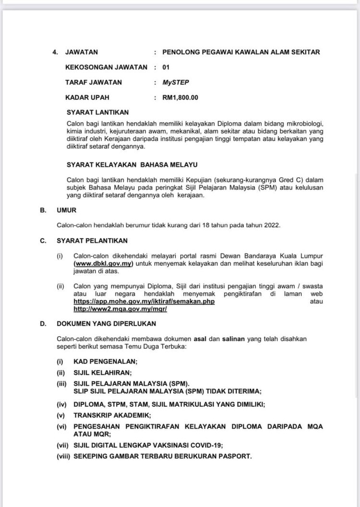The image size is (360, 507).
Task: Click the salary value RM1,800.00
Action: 180,97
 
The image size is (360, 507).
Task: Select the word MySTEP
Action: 176,82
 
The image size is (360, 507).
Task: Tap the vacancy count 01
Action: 166,67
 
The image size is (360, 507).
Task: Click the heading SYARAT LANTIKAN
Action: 98,113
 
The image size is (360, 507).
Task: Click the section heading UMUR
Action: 67,210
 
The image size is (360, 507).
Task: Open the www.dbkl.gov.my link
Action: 103,264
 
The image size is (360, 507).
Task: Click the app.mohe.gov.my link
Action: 144,301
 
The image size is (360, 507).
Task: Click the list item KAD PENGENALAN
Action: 106,362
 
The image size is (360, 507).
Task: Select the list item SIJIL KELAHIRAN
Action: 102,372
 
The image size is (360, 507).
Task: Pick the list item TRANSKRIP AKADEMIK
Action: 112,414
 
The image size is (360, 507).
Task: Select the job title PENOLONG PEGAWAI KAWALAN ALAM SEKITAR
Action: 241,52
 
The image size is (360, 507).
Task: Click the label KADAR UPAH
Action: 87,97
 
